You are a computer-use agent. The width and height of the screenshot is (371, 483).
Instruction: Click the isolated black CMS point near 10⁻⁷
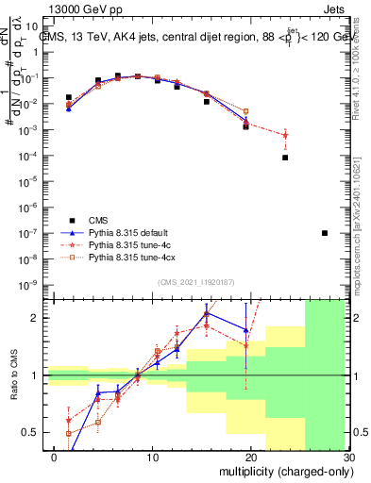click(325, 233)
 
